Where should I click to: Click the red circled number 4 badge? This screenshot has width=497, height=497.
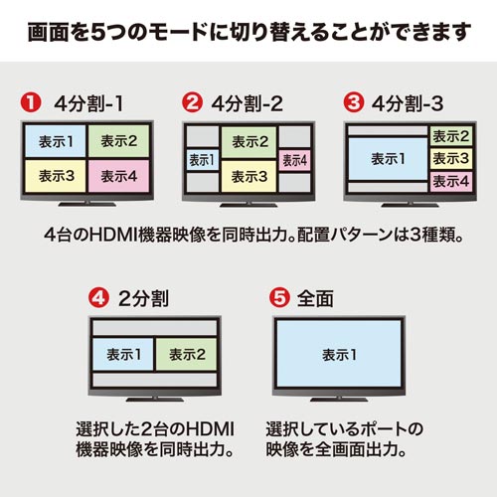coord(97,297)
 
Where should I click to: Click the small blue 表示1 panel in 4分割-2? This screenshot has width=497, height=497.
coord(200,159)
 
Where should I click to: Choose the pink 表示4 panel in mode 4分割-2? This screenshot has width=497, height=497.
coord(294,159)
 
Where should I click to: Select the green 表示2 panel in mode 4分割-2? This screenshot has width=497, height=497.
coord(248,141)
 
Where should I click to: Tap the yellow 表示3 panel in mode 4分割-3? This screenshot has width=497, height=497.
coord(450,159)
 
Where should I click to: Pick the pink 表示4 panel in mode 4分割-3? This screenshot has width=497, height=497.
coord(450,181)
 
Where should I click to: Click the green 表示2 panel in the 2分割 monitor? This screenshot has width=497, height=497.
coord(187,354)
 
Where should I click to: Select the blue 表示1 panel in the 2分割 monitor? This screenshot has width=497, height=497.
coord(123,354)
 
